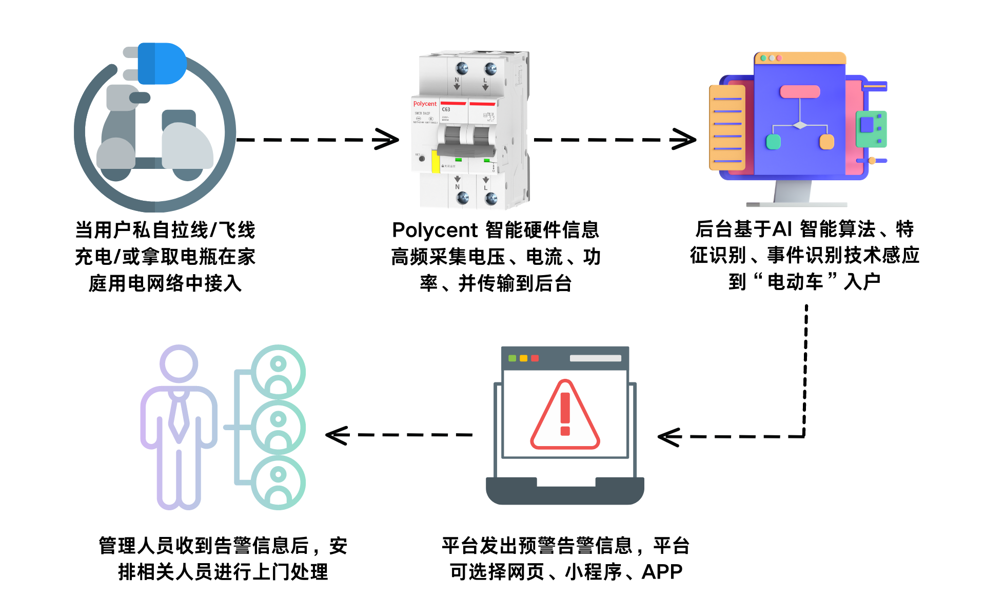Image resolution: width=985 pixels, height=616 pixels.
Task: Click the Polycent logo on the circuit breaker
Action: click(x=425, y=104)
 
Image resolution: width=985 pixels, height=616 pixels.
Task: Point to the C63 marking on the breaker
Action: click(x=446, y=109)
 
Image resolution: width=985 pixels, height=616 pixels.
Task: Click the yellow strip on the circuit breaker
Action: click(x=435, y=161)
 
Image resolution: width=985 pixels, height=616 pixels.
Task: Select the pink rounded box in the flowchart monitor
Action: click(x=800, y=92)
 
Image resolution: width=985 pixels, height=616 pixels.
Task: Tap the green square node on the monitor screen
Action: click(x=773, y=142)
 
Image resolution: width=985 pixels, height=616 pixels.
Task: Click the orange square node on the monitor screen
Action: click(x=826, y=142)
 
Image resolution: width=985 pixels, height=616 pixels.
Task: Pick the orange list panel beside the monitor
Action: click(x=727, y=128)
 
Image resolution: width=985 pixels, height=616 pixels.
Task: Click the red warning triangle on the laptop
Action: click(x=565, y=416)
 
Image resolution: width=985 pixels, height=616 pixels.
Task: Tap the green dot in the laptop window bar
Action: click(x=512, y=358)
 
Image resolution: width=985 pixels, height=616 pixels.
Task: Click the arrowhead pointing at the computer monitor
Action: click(x=684, y=139)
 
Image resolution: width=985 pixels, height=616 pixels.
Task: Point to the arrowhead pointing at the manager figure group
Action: click(x=337, y=435)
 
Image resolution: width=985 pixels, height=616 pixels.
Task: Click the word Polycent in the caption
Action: click(x=435, y=230)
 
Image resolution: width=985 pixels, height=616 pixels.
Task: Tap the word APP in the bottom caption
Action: click(x=662, y=572)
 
